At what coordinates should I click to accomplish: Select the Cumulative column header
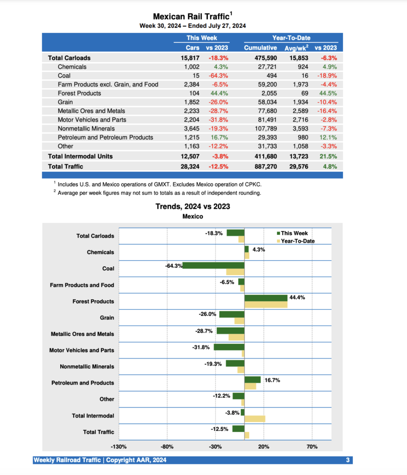coord(260,47)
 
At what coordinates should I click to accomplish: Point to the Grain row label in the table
coord(65,102)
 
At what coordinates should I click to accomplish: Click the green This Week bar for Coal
coord(213,266)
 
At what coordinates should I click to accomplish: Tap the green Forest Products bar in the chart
coord(266,298)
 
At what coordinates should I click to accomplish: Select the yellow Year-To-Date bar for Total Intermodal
coord(255,419)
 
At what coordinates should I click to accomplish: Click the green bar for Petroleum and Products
coord(252,379)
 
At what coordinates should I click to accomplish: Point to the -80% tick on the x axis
coord(167,447)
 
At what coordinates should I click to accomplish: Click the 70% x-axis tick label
coord(312,447)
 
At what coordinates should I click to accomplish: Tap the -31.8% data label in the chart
coord(201,347)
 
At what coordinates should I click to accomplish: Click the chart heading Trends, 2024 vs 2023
coord(192,206)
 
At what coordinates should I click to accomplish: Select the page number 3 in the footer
coord(347,460)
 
